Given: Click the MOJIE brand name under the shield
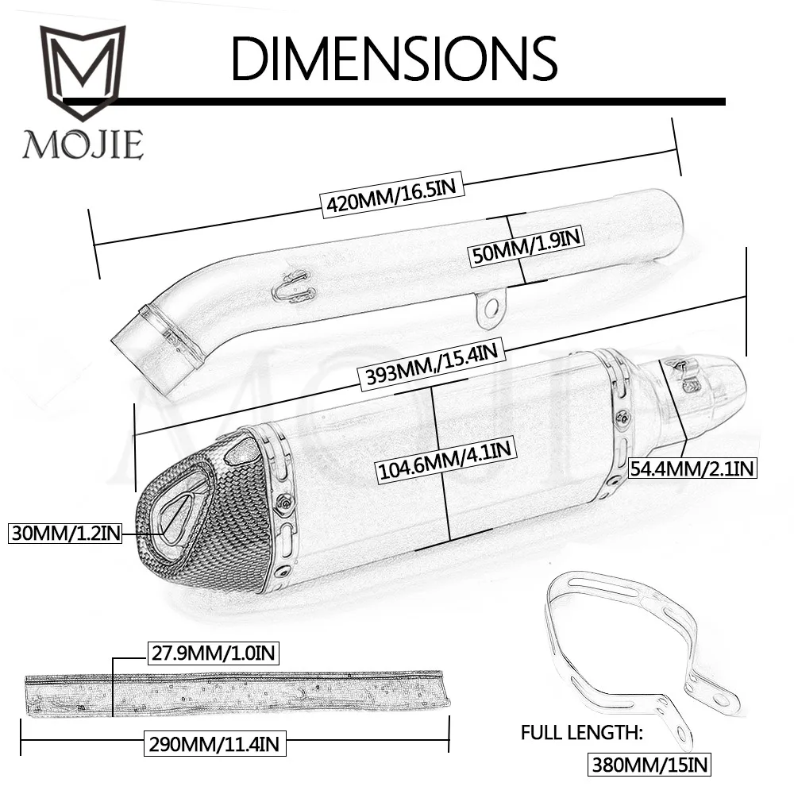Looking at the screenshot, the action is tap(83, 145).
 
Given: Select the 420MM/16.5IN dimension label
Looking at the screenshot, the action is tap(392, 195).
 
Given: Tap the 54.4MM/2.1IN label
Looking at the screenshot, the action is tap(692, 468).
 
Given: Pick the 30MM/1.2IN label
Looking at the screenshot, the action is tap(65, 534).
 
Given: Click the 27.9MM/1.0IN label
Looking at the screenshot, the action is tap(213, 653).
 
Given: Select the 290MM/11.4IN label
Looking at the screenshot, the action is tap(214, 744).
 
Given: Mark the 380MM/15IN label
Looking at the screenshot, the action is tap(649, 765).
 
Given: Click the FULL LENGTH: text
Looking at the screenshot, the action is tap(581, 733).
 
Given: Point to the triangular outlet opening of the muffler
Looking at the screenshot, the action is tap(177, 513).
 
